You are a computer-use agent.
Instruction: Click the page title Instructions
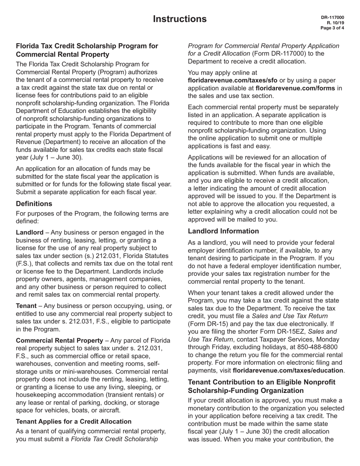180,19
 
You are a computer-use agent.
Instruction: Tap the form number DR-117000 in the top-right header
332,17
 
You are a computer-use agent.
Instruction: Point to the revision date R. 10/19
336,22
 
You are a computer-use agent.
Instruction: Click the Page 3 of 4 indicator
332,27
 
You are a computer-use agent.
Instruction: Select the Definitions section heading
34,204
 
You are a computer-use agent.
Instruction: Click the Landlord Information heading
224,231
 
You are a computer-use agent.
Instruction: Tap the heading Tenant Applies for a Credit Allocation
74,421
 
